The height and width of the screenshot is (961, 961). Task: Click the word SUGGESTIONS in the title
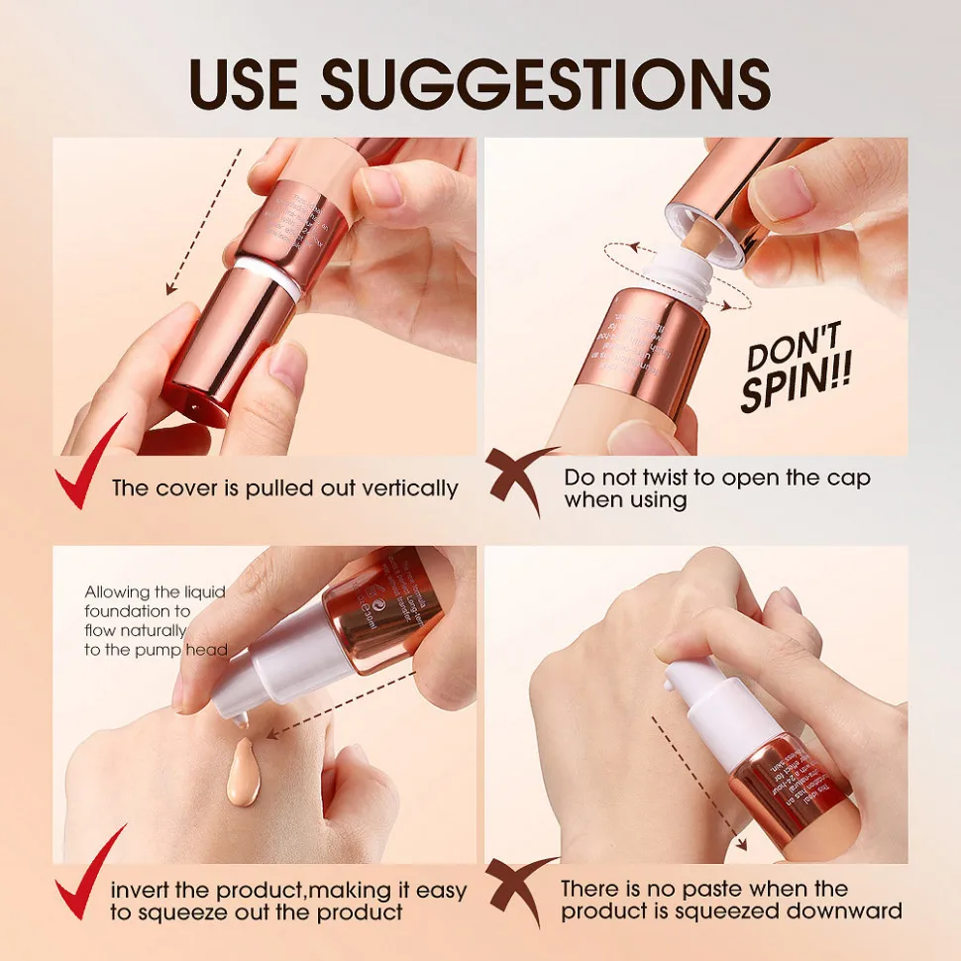click(x=550, y=83)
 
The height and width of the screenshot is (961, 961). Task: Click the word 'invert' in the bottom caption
click(x=144, y=889)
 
